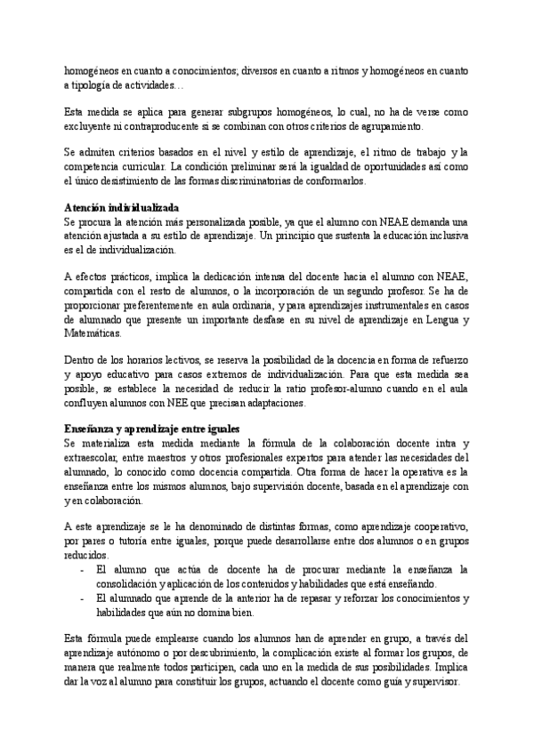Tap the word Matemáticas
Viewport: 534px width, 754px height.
[x=92, y=333]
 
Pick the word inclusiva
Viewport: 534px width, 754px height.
[x=439, y=236]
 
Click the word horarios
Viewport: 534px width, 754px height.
[x=150, y=359]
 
